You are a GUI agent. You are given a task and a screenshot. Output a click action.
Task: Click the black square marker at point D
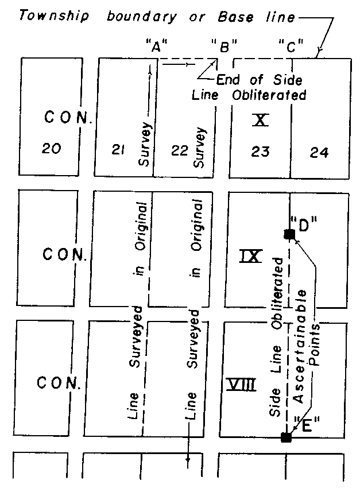coord(289,234)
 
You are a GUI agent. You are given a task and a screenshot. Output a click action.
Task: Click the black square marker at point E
coord(285,437)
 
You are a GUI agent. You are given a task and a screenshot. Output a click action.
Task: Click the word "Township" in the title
coord(53,16)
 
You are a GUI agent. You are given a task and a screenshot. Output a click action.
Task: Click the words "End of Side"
coord(259,80)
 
